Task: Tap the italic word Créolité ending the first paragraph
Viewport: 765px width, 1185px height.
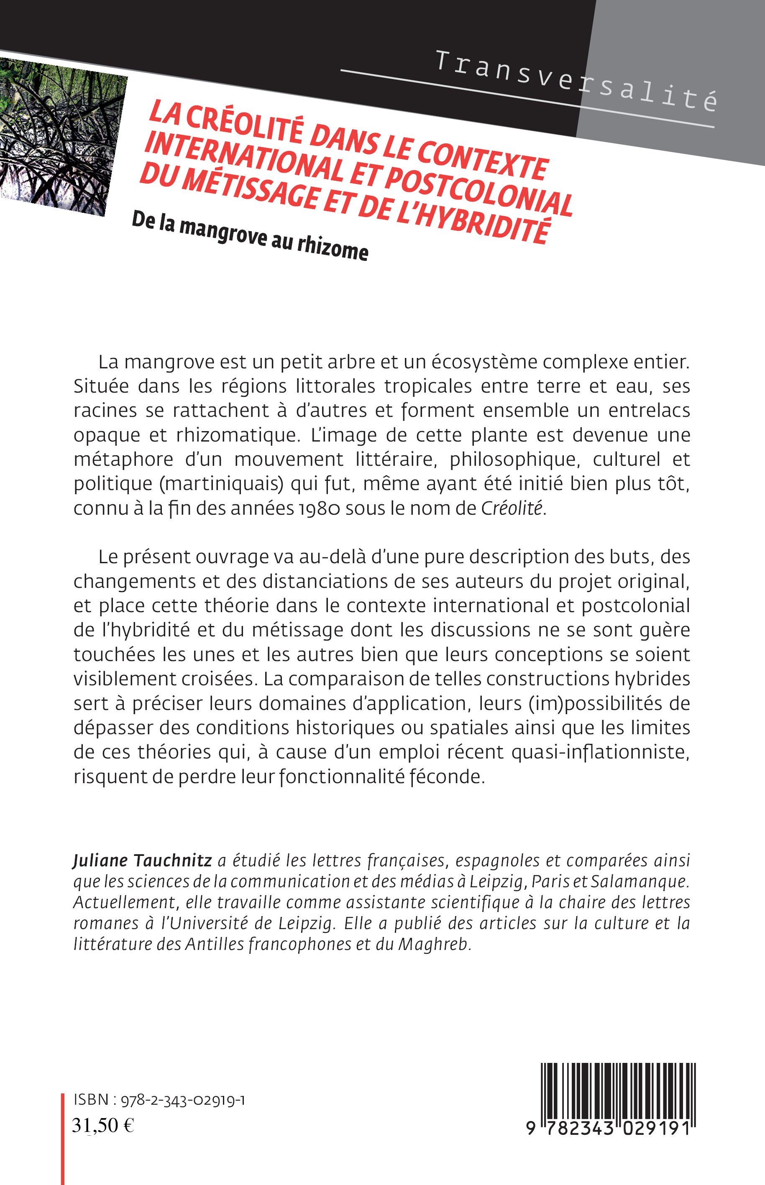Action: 512,509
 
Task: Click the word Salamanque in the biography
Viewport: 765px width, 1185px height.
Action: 649,881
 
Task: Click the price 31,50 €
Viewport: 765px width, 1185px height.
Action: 103,1125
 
